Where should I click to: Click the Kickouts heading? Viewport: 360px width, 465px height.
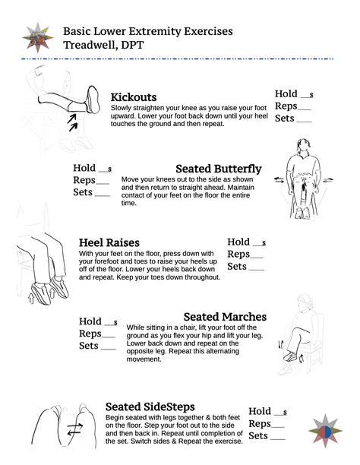(134, 97)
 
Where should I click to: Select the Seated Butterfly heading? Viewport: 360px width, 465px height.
(219, 169)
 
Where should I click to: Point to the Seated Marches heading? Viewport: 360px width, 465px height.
(225, 316)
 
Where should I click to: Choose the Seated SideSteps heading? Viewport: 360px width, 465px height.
(150, 406)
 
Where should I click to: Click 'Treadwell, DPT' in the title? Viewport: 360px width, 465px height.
(102, 45)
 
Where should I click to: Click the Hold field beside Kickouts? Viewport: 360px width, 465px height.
(305, 95)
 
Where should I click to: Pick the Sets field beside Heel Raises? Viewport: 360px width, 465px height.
(256, 267)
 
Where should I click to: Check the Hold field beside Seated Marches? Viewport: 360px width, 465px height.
(109, 322)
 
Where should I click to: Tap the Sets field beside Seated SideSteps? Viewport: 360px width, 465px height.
(279, 436)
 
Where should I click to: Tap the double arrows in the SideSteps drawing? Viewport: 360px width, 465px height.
(74, 431)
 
